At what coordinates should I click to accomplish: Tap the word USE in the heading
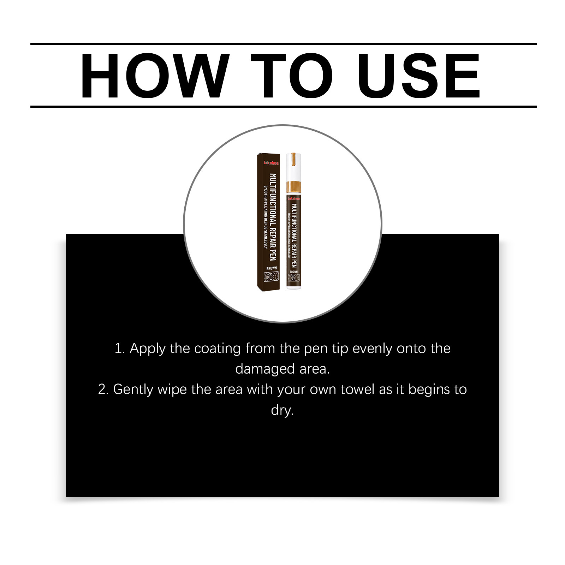(x=419, y=76)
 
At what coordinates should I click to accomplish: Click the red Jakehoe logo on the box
(x=271, y=163)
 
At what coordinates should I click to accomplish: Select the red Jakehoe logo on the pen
(x=294, y=198)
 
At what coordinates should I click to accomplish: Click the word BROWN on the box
(x=272, y=268)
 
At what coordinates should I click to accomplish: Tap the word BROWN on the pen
(x=294, y=272)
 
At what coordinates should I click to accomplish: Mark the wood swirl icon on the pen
(x=294, y=278)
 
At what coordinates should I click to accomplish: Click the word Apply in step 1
(x=148, y=349)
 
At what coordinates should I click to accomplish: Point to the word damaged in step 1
(x=265, y=369)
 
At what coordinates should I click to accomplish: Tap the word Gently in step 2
(x=133, y=389)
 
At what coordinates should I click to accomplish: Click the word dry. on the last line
(x=282, y=410)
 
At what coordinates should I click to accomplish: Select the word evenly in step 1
(x=373, y=349)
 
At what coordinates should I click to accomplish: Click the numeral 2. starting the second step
(x=103, y=389)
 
